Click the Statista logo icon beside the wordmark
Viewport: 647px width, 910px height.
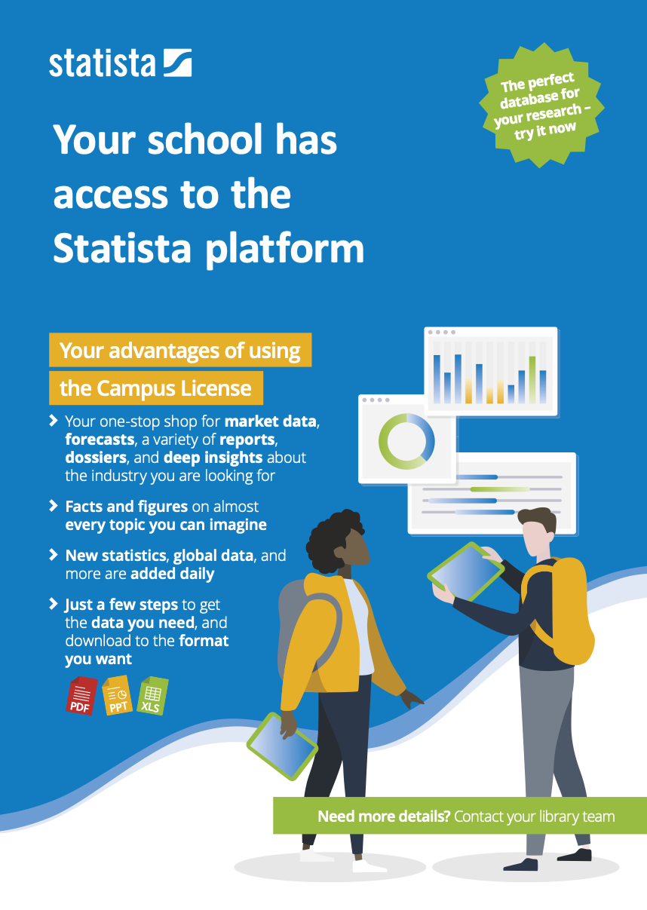coord(178,63)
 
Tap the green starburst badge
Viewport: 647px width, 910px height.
coord(541,106)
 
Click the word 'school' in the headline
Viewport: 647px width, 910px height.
coord(205,139)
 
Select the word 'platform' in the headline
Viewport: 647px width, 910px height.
coord(284,250)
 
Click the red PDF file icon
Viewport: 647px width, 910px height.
coord(81,695)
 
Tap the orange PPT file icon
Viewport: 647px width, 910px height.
coord(118,695)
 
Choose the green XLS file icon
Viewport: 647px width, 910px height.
coord(153,695)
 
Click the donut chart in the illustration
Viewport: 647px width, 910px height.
coord(406,442)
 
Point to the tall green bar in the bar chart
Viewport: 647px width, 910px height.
coord(532,380)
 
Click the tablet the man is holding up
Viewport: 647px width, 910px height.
coord(466,572)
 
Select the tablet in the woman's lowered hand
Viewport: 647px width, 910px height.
coord(282,746)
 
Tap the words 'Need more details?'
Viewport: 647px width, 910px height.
coord(384,817)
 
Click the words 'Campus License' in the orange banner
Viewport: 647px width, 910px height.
coord(174,388)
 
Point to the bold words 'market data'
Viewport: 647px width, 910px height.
coord(270,421)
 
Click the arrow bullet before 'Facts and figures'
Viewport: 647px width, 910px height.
coord(54,506)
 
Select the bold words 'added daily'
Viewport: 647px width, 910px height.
coord(173,574)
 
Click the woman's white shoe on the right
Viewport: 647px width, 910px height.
coord(369,866)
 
